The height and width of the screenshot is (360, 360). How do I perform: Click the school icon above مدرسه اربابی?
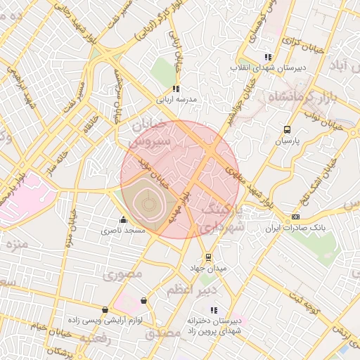tap(176, 89)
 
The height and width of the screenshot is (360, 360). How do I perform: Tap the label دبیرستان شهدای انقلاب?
tap(268, 68)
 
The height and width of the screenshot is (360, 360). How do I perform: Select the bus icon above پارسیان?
tap(287, 129)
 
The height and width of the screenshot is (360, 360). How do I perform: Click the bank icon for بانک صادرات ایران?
tap(295, 217)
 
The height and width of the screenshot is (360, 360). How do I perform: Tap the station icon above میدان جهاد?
tap(207, 257)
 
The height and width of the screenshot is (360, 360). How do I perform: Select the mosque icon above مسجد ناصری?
tap(124, 219)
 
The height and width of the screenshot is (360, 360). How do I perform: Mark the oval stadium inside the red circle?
tap(149, 205)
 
